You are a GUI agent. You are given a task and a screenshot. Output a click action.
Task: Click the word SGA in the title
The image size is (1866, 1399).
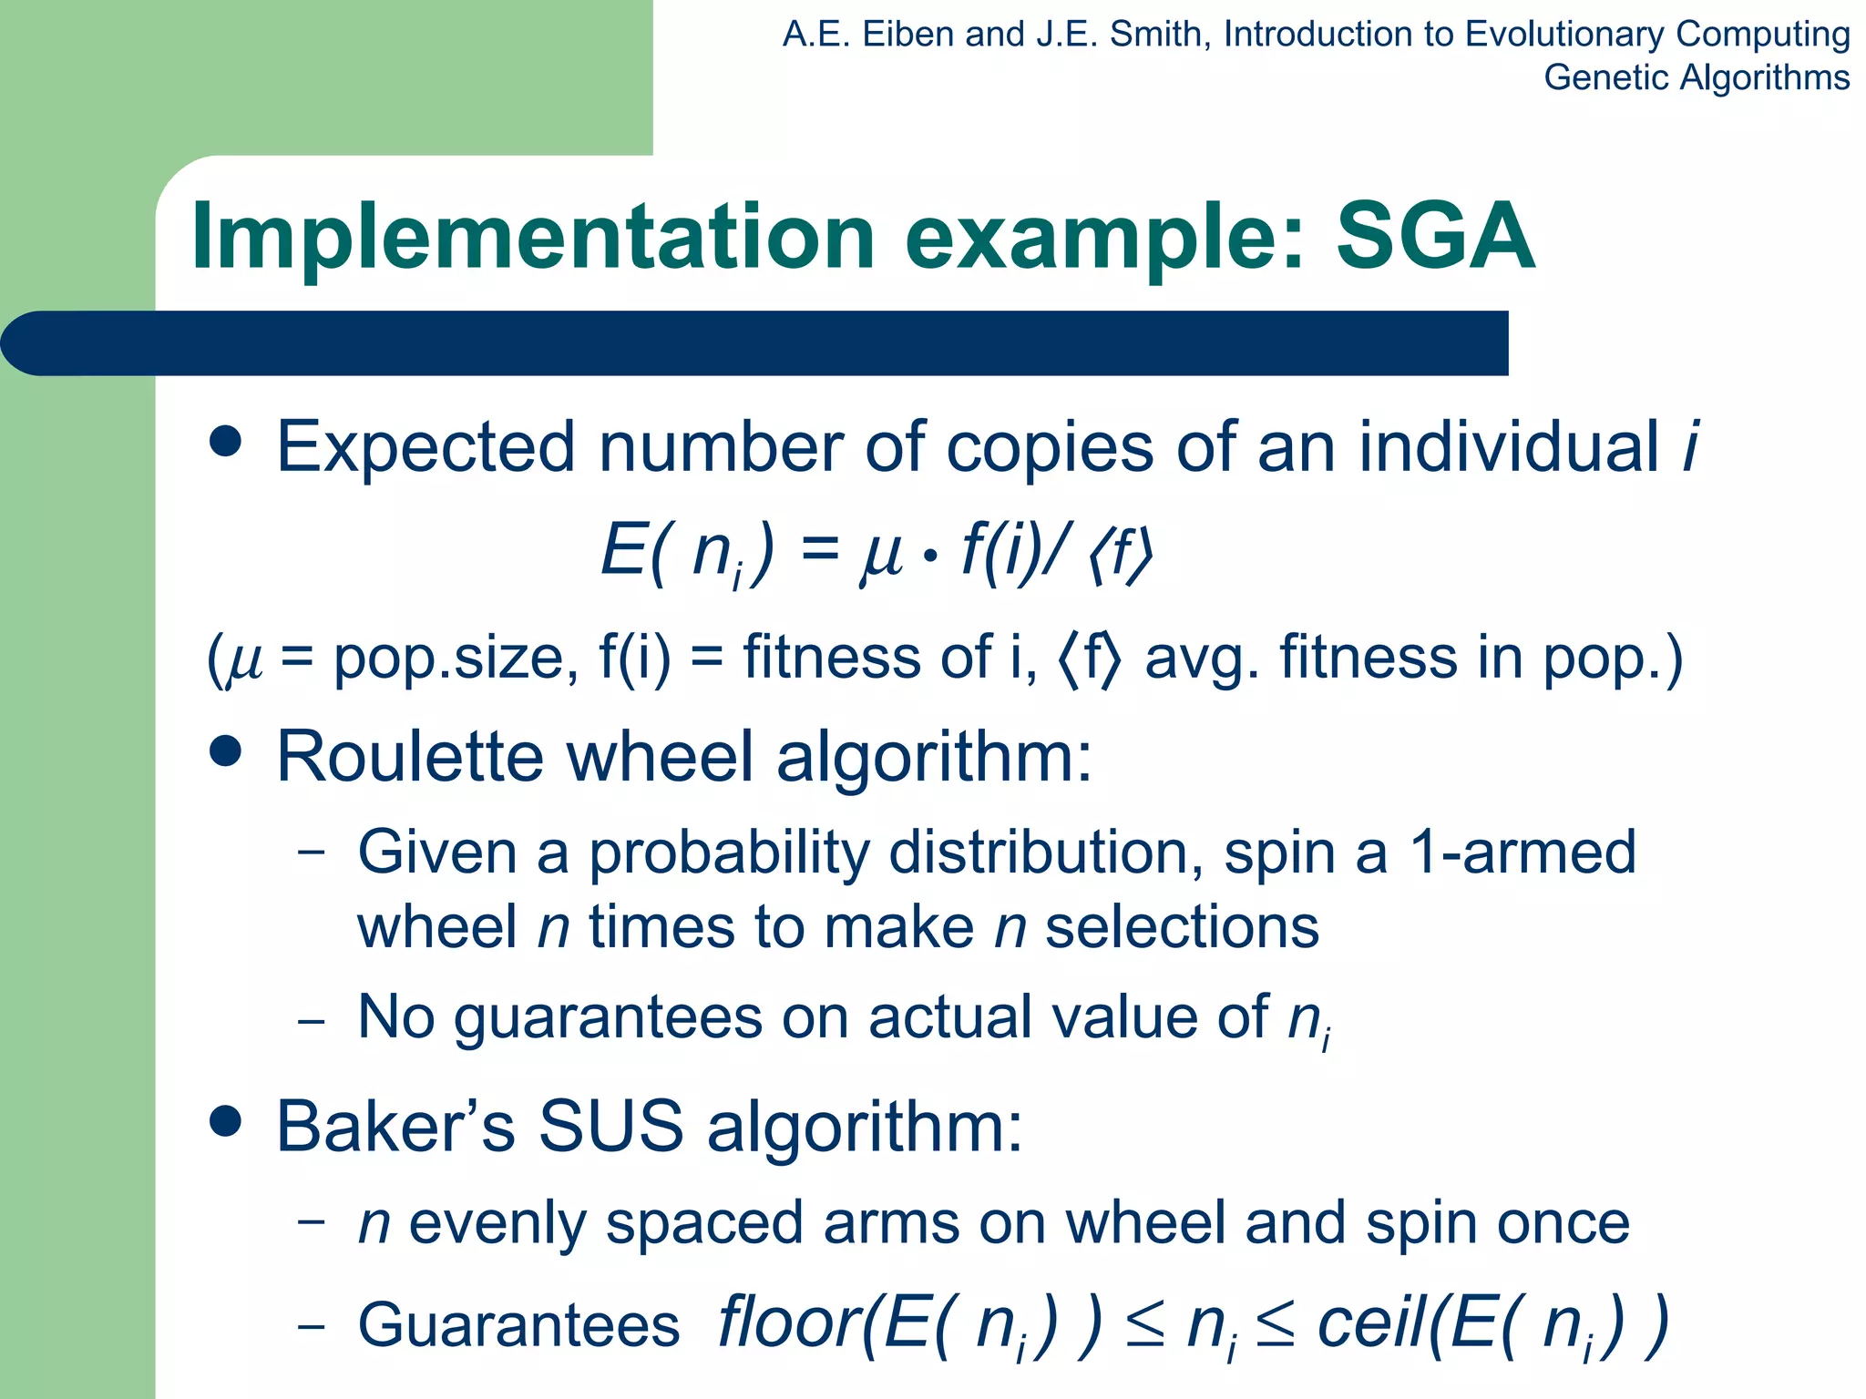pyautogui.click(x=1435, y=237)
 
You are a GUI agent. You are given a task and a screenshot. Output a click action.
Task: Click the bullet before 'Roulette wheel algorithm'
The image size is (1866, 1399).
pyautogui.click(x=225, y=752)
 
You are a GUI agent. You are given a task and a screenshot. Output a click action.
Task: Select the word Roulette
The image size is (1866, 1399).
pyautogui.click(x=410, y=757)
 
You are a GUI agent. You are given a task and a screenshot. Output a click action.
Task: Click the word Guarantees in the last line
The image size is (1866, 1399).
pyautogui.click(x=518, y=1325)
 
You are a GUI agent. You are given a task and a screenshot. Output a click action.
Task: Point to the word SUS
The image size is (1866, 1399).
pyautogui.click(x=610, y=1127)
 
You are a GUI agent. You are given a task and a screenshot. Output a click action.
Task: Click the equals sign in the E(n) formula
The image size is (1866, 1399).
pyautogui.click(x=820, y=549)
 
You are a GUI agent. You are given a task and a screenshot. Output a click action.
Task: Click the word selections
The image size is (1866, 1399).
pyautogui.click(x=1182, y=928)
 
